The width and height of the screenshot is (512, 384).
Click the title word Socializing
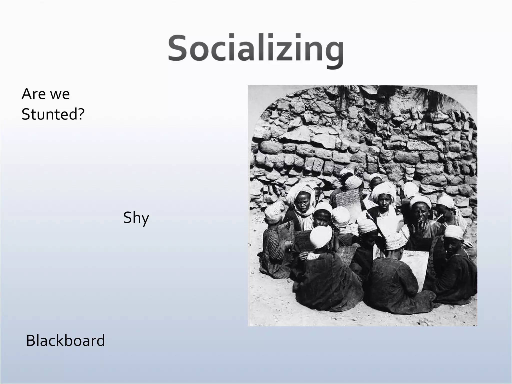[255, 49]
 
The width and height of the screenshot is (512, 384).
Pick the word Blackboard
[65, 341]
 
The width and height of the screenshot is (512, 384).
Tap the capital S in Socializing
[178, 49]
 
